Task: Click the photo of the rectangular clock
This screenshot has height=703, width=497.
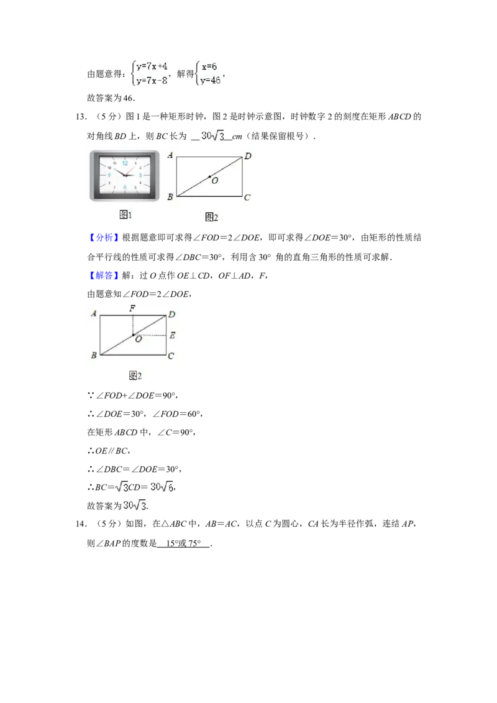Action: click(x=125, y=176)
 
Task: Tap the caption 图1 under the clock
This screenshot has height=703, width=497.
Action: click(x=125, y=215)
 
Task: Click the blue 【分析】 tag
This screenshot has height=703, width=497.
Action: click(x=104, y=238)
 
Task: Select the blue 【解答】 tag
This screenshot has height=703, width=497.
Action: click(x=104, y=275)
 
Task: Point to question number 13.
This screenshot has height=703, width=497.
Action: click(x=81, y=117)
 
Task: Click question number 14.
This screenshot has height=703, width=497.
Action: click(x=81, y=524)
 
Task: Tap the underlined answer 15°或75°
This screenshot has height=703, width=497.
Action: click(x=183, y=543)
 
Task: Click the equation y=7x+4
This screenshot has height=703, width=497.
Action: click(x=152, y=66)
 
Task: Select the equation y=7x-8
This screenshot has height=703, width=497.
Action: click(x=152, y=81)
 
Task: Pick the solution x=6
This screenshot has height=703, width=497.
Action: click(x=209, y=66)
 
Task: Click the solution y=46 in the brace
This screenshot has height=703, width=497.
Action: click(x=211, y=81)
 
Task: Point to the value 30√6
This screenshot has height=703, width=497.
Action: click(x=162, y=486)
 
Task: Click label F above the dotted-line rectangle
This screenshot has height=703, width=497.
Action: click(x=132, y=308)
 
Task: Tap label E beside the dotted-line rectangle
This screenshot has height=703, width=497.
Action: click(x=172, y=335)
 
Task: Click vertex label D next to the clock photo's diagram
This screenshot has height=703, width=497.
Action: click(x=248, y=156)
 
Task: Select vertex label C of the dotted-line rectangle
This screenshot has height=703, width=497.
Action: click(x=171, y=356)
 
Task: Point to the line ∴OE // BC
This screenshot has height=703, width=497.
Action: click(x=109, y=451)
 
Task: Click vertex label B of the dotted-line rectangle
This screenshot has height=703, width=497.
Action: click(x=94, y=355)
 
